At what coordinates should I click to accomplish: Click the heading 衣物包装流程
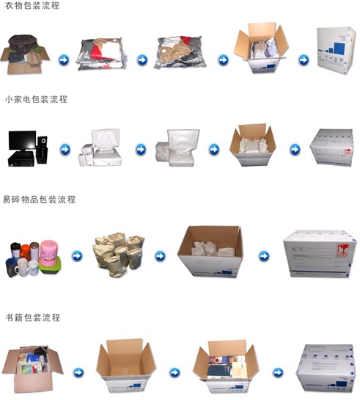[32, 6]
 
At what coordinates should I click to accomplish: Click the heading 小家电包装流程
[36, 99]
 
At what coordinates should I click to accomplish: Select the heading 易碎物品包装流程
[40, 199]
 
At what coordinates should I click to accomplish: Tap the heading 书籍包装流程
[33, 317]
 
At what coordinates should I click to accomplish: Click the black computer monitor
[22, 142]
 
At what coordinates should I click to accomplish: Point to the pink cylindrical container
[48, 252]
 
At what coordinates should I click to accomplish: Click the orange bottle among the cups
[25, 252]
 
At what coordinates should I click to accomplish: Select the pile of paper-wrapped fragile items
[118, 253]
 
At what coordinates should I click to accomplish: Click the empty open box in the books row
[126, 365]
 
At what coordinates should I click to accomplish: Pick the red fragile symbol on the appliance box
[348, 152]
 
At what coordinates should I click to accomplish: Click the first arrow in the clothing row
[64, 60]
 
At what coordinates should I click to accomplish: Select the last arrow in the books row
[278, 372]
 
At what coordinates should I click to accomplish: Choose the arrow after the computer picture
[65, 150]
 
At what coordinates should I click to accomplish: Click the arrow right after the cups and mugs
[77, 256]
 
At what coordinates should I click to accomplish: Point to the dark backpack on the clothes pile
[23, 42]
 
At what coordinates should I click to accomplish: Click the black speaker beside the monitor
[43, 150]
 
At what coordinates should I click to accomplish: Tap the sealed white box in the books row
[326, 368]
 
